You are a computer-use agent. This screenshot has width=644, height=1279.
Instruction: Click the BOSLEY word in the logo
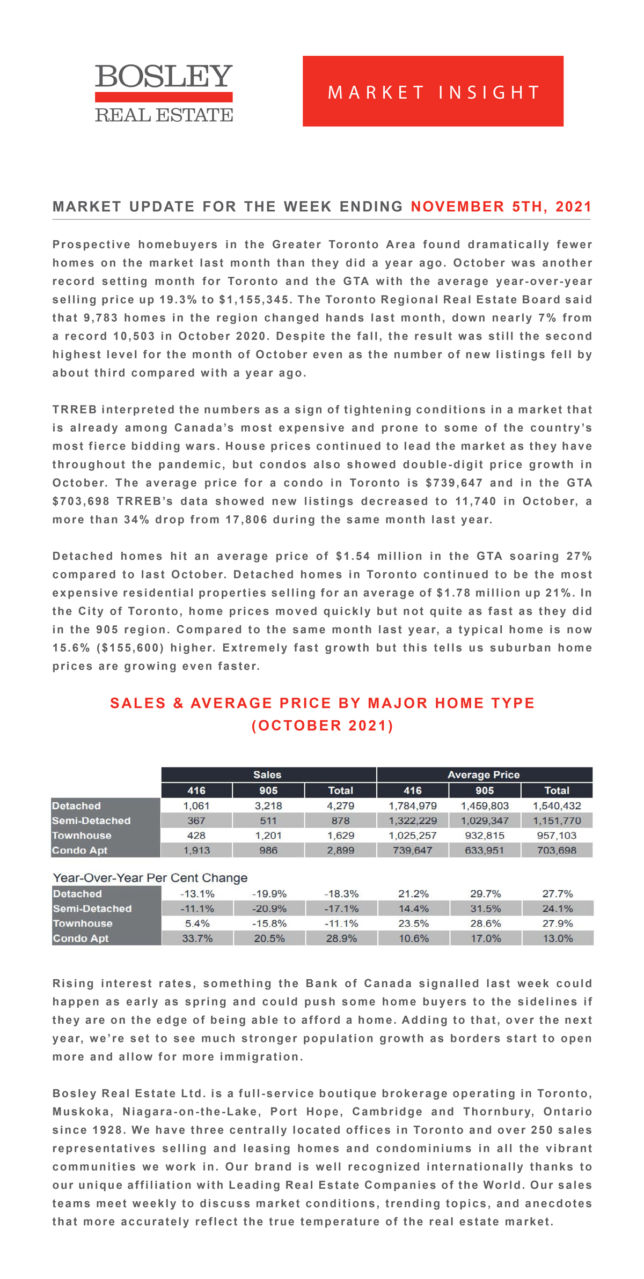point(164,77)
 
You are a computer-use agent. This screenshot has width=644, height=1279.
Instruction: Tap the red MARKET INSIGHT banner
point(433,91)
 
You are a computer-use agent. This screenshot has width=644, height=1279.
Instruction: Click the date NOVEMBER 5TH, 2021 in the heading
point(501,207)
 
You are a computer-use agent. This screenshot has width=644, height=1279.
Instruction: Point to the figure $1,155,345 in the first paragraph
point(254,300)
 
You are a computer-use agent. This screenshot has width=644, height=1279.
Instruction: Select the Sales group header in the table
point(267,774)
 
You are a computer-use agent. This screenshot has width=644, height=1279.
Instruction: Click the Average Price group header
point(484,774)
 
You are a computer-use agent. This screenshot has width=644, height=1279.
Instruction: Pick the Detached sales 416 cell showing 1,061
point(196,805)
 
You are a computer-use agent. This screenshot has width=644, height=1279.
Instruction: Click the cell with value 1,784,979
point(413,805)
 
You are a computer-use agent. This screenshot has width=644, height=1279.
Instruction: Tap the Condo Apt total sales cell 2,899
point(340,850)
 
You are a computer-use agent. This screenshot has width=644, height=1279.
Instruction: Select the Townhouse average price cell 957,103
point(557,836)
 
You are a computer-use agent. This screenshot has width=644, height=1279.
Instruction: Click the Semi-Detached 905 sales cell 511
point(268,820)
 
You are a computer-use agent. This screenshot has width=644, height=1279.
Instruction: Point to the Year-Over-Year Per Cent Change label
point(150,878)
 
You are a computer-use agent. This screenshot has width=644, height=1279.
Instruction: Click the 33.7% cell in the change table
point(197,938)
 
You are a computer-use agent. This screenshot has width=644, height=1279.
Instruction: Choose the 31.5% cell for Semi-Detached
point(485,908)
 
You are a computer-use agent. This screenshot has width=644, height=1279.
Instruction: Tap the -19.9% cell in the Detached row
point(269,894)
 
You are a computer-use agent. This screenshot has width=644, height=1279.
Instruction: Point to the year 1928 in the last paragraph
point(108,1130)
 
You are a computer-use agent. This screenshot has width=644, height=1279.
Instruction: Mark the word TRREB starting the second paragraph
point(74,410)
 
